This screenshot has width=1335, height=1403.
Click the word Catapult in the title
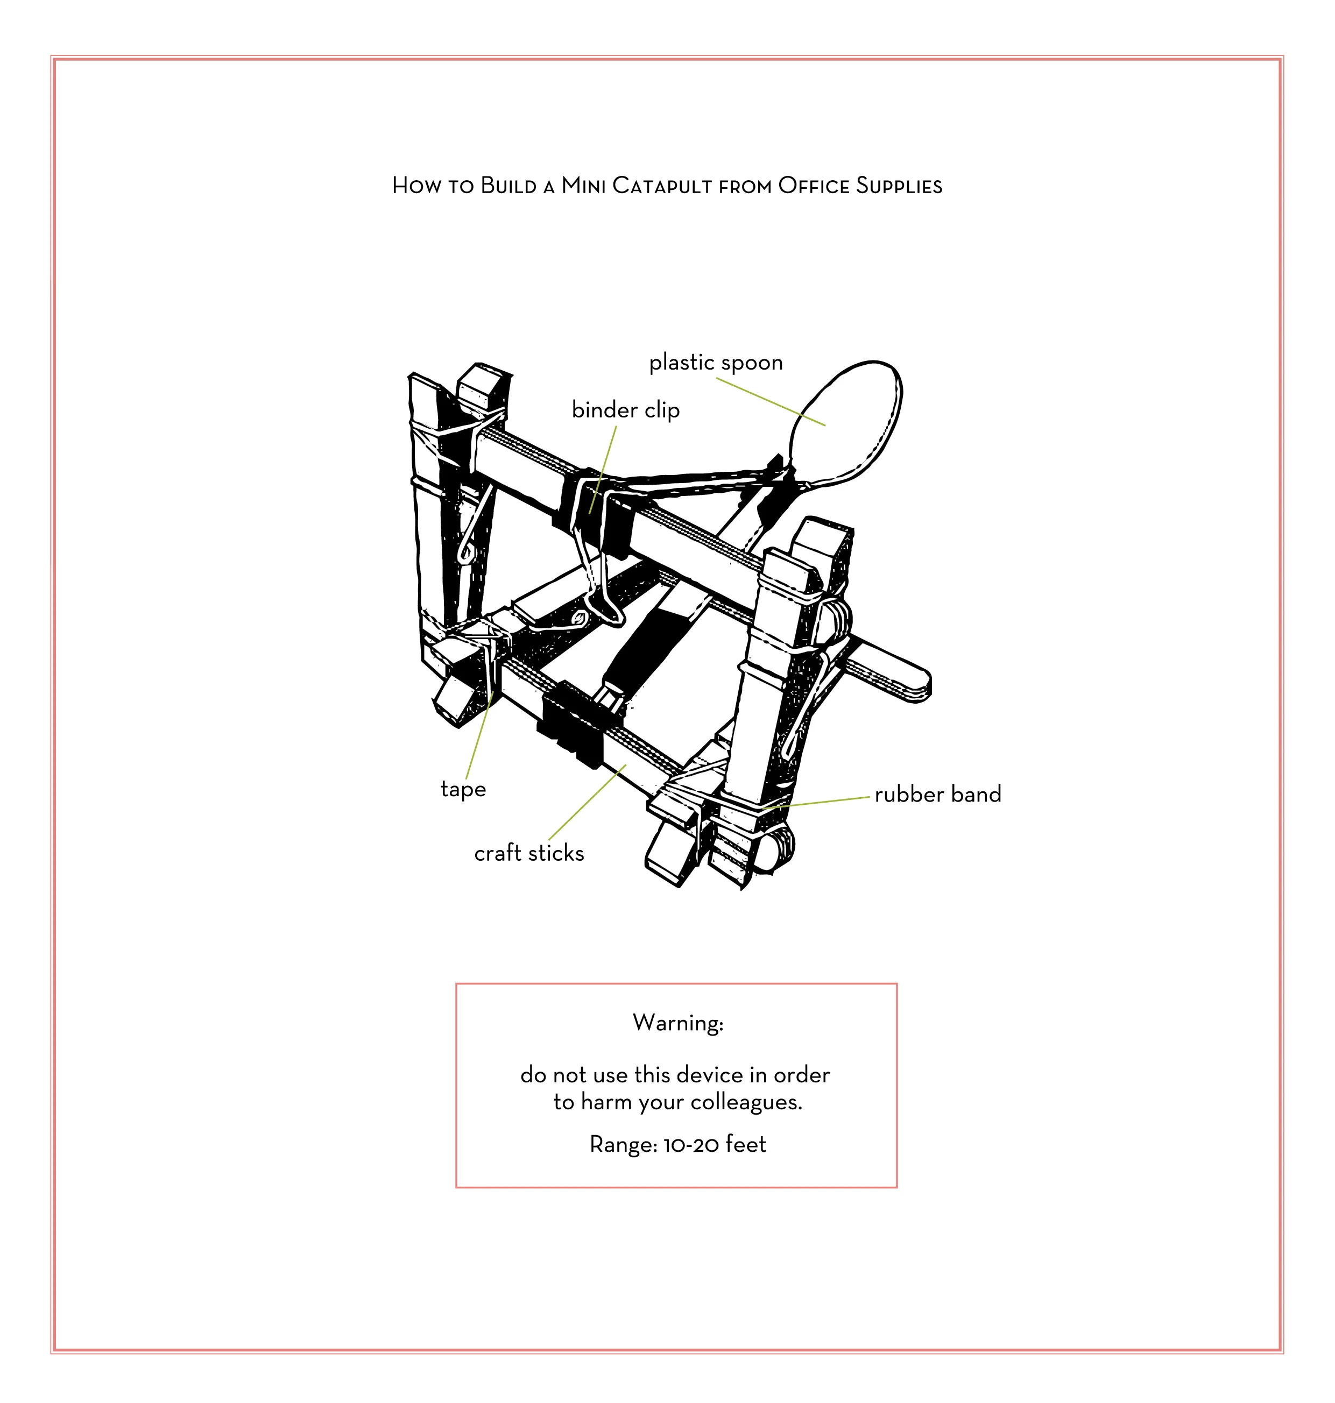point(662,186)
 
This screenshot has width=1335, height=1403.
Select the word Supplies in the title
point(899,186)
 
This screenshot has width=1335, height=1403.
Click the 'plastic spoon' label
point(715,363)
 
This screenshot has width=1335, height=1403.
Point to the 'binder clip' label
point(625,410)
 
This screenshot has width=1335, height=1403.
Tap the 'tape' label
point(463,789)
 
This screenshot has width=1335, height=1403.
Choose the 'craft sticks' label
point(529,853)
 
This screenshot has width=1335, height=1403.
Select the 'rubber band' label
point(937,794)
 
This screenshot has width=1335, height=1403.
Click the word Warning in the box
point(677,1023)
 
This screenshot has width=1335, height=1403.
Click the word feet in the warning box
point(746,1144)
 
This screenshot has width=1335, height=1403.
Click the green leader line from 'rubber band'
point(818,802)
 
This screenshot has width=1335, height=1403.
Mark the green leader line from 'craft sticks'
point(587,802)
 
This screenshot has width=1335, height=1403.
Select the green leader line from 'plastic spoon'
point(770,401)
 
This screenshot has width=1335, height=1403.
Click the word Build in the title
point(508,186)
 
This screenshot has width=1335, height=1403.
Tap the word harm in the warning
point(606,1102)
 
